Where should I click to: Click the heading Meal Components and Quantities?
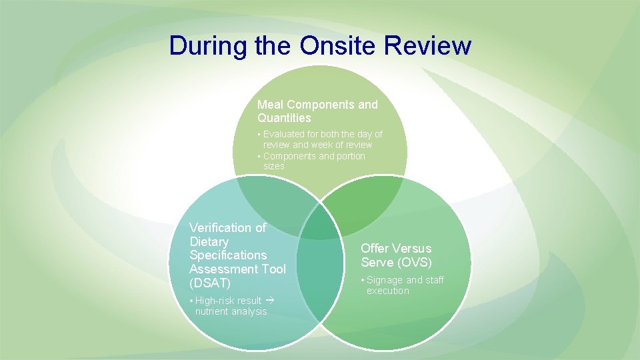pyautogui.click(x=317, y=111)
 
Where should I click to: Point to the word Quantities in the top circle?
pyautogui.click(x=284, y=118)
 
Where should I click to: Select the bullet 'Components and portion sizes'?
pyautogui.click(x=313, y=161)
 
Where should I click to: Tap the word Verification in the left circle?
pyautogui.click(x=227, y=228)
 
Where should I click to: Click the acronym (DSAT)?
pyautogui.click(x=210, y=283)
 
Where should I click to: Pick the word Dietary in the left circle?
pyautogui.click(x=209, y=242)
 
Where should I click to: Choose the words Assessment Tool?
pyautogui.click(x=237, y=269)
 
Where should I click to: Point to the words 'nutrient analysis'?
pyautogui.click(x=231, y=311)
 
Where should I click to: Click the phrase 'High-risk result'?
pyautogui.click(x=228, y=301)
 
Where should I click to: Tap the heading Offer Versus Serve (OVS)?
pyautogui.click(x=396, y=255)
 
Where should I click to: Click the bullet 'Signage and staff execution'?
pyautogui.click(x=404, y=285)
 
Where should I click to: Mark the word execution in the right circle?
pyautogui.click(x=388, y=291)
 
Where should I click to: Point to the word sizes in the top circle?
pyautogui.click(x=273, y=166)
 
